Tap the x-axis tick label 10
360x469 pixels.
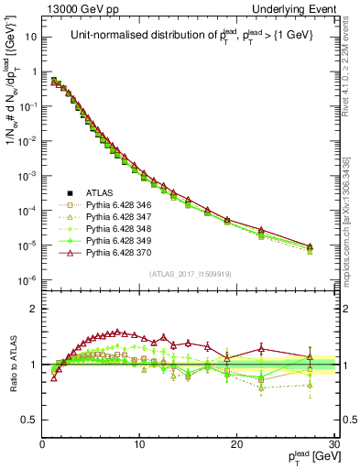[139, 444]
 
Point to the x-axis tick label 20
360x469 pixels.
[236, 444]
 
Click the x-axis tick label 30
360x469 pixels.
[333, 444]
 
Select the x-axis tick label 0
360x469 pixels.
[42, 444]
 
